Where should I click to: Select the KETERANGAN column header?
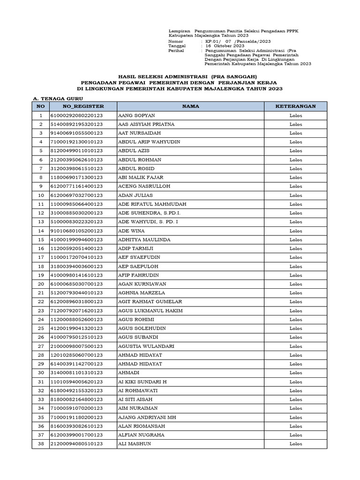(x=296, y=106)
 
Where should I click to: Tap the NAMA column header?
(x=191, y=106)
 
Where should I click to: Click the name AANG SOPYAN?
(x=136, y=115)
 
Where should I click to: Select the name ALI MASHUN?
(x=135, y=444)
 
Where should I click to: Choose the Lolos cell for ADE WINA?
(x=296, y=231)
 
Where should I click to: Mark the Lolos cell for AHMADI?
(x=296, y=373)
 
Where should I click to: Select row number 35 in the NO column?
(x=41, y=417)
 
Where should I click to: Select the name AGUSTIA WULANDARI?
(x=146, y=346)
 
